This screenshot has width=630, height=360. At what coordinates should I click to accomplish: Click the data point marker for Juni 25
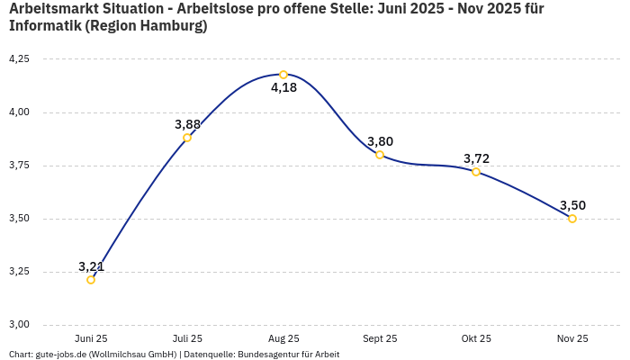point(91,280)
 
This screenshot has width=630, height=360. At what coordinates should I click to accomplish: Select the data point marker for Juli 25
point(187,138)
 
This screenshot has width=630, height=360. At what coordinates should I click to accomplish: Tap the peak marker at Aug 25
point(283,75)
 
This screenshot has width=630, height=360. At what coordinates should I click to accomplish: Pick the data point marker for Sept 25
point(380,155)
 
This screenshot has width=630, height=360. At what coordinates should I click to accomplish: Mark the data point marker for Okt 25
point(476,172)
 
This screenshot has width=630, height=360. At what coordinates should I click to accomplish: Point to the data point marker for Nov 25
point(572,219)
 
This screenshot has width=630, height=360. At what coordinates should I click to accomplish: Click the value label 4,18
point(283,88)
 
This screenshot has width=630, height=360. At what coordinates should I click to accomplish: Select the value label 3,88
point(187,124)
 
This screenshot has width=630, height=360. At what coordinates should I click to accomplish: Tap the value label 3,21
point(91,266)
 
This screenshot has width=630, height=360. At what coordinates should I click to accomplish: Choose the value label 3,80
point(380,141)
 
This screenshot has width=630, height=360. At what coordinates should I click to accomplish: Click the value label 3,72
point(476,158)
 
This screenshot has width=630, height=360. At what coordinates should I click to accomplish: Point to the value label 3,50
point(572,205)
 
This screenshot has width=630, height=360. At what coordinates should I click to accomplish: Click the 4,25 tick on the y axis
point(19,59)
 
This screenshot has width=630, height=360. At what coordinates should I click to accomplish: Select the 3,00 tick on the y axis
point(19,325)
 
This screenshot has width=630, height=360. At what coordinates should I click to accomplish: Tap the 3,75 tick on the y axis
point(19,166)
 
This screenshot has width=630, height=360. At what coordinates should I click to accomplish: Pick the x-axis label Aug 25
point(283,338)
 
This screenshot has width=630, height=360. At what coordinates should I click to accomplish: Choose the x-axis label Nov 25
point(572,338)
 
